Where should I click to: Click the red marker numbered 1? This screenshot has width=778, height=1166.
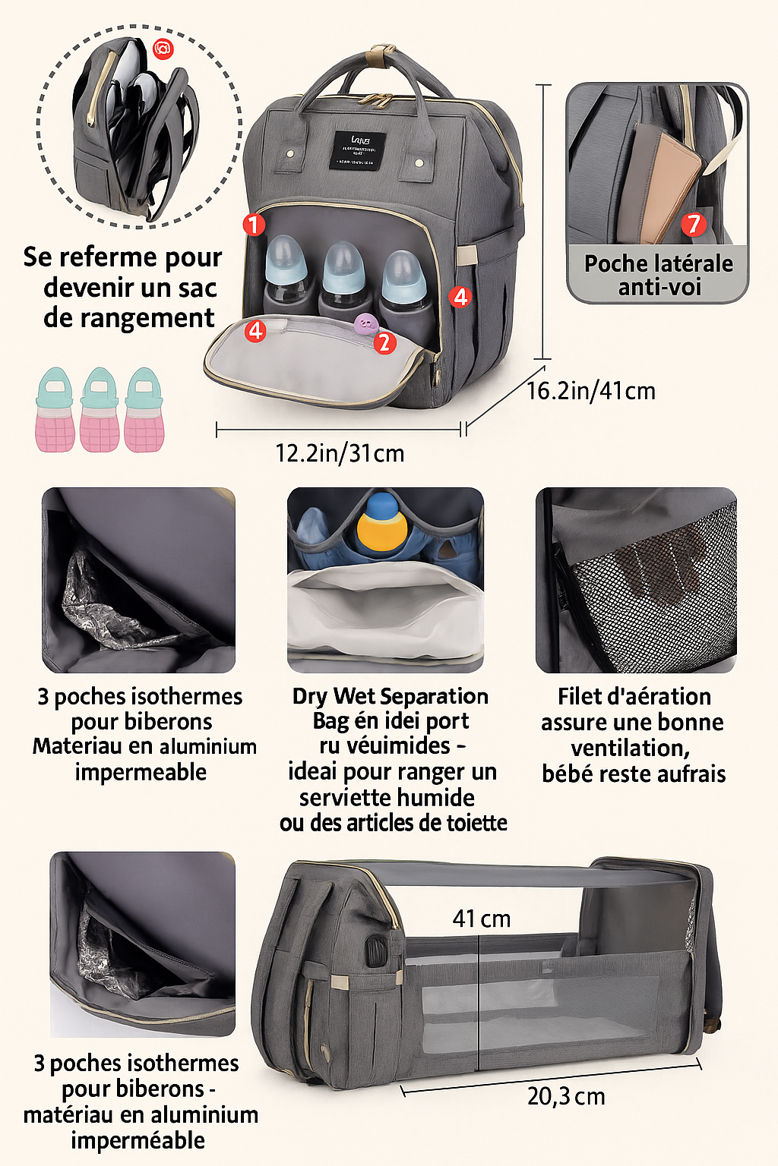tap(254, 225)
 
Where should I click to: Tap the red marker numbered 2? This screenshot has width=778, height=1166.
tap(384, 343)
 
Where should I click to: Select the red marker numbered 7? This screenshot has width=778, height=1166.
tap(693, 224)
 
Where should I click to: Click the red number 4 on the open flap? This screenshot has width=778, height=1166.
tap(255, 330)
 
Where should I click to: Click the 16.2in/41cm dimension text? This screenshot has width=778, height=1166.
tap(590, 391)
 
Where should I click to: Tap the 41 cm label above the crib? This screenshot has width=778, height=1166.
tap(481, 919)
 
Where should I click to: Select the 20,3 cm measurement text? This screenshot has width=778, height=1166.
tap(566, 1096)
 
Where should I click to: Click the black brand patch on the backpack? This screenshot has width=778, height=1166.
tap(358, 150)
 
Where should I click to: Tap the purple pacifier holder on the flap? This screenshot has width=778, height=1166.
tap(366, 324)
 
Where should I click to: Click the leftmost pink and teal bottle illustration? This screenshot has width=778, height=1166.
tap(55, 410)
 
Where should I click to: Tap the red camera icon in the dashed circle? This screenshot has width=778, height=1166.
tap(163, 49)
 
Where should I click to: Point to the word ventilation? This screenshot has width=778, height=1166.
tap(630, 748)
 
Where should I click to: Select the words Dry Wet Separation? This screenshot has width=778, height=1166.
tap(390, 696)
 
